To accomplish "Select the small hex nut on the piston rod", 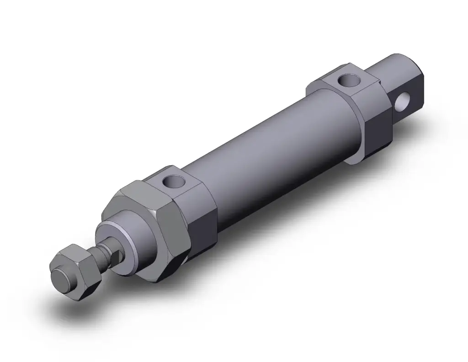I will click(x=75, y=272).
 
